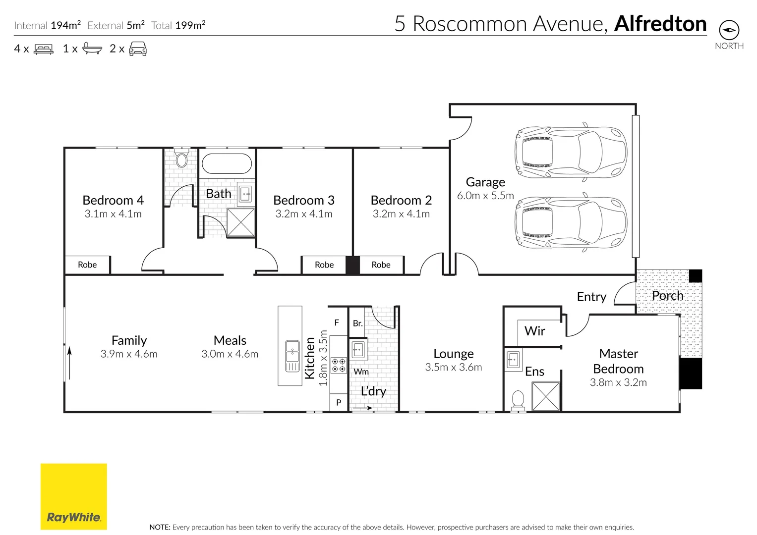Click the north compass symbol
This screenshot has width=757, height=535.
[x=729, y=30]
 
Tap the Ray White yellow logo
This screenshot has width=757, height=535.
[x=73, y=496]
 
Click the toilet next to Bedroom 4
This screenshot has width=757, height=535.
[x=181, y=160]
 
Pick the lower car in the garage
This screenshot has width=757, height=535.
[x=571, y=223]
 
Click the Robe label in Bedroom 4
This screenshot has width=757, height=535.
[x=87, y=265]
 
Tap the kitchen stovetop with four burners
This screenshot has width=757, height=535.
[x=339, y=366]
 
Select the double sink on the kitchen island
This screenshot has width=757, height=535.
[x=292, y=356]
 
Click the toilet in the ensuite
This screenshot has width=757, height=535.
[x=518, y=399]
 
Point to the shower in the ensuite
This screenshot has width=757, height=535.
[x=546, y=396]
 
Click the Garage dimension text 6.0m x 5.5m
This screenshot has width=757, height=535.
[x=485, y=196]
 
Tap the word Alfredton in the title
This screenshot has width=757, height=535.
[x=660, y=24]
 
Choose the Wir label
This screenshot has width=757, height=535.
[x=534, y=331]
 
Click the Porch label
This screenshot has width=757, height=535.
[x=667, y=296]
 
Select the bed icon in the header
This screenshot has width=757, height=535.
[x=44, y=49]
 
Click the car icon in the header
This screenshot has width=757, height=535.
[x=138, y=49]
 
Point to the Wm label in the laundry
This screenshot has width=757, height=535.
[x=361, y=372]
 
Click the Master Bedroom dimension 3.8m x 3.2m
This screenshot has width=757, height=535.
[x=618, y=382]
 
